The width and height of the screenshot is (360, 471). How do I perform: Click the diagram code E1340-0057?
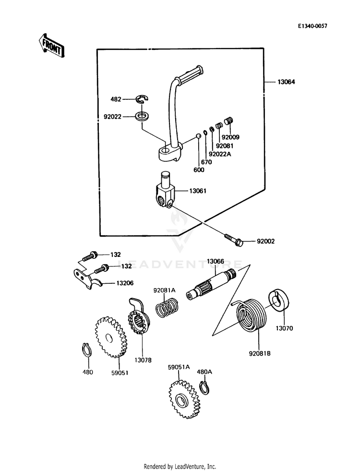click(312, 26)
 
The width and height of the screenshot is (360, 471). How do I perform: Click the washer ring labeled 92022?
click(143, 116)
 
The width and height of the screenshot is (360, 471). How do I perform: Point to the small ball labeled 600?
click(198, 136)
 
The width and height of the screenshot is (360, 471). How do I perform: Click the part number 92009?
click(230, 138)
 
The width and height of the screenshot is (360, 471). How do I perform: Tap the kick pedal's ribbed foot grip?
click(191, 72)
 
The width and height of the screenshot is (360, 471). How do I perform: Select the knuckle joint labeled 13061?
click(165, 189)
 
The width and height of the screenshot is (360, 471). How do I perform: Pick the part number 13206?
click(125, 283)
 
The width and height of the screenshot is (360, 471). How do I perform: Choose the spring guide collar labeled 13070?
click(279, 301)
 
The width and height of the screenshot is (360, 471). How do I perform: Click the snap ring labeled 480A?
click(205, 388)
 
